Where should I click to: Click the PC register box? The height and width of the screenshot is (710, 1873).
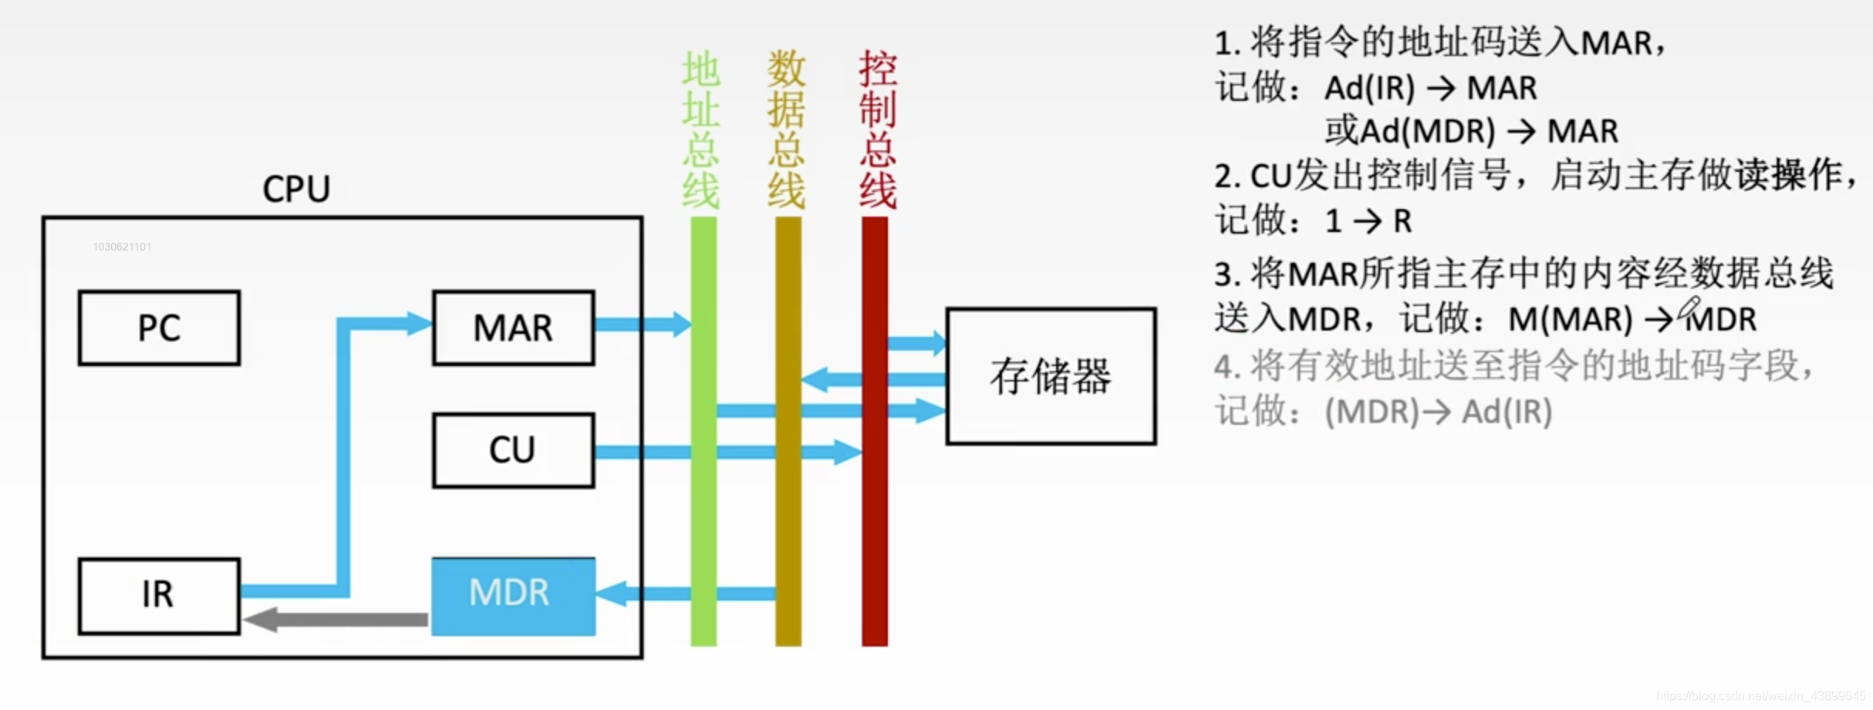[159, 328]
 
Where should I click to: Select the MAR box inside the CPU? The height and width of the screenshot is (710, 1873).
[513, 328]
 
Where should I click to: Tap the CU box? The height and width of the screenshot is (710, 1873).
[513, 450]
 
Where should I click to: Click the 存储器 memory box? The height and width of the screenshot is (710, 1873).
[1051, 376]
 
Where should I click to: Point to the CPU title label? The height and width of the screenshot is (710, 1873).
[296, 189]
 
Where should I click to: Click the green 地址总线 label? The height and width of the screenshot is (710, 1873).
[700, 130]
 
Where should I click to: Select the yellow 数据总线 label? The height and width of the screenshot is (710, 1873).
[786, 130]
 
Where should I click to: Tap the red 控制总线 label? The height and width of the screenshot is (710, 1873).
[877, 130]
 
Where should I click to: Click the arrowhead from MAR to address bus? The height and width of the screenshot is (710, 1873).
[681, 325]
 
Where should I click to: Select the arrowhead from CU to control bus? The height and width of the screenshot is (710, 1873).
[848, 452]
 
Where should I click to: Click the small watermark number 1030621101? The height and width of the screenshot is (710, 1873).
[122, 247]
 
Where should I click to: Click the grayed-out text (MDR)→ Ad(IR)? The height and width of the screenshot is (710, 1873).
[1438, 412]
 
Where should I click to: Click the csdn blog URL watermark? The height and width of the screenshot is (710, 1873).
[1760, 696]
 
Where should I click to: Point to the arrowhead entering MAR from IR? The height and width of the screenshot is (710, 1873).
[419, 323]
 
